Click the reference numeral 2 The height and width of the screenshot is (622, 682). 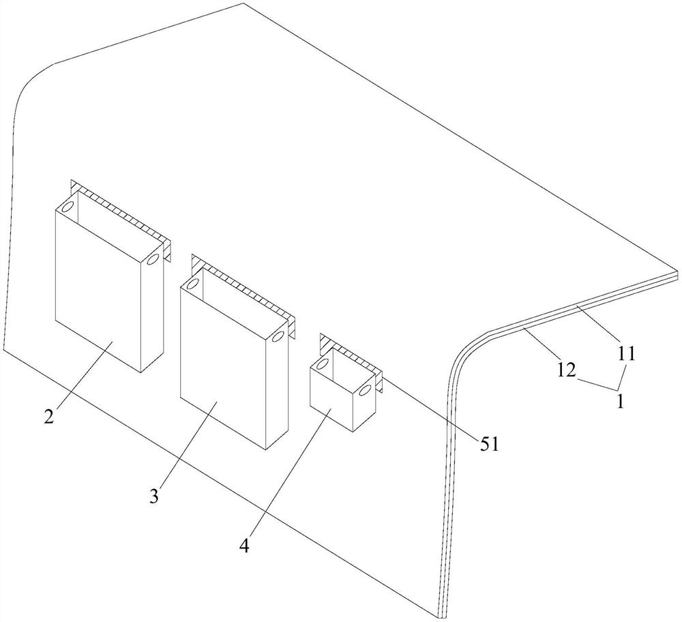click(49, 417)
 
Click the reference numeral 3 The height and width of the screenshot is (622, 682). click(155, 496)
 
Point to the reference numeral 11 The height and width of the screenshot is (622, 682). click(627, 353)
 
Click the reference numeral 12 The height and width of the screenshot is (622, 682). click(568, 370)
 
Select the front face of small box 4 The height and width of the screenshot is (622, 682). click(330, 396)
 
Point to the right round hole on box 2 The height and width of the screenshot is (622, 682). click(153, 260)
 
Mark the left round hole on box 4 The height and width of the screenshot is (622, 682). click(321, 362)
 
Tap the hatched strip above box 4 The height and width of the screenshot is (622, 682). click(349, 353)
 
